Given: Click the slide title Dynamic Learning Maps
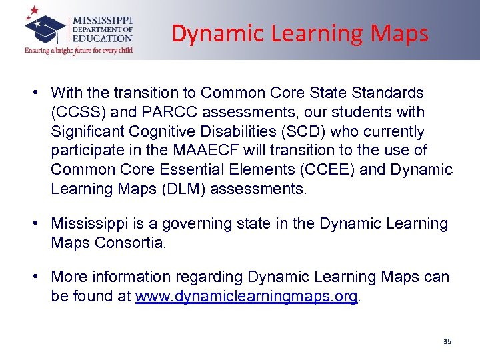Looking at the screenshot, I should click(x=300, y=33).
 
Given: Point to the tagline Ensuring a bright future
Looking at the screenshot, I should click(x=79, y=50).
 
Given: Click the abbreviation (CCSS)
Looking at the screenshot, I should click(x=78, y=111).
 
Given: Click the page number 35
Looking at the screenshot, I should click(x=447, y=341).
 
